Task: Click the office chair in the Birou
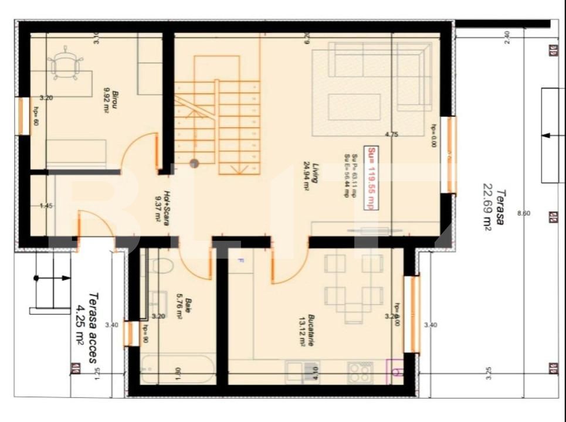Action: point(65,64)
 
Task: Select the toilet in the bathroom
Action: point(161,266)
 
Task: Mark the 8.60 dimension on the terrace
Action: point(523,213)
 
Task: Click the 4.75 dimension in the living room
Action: point(391,134)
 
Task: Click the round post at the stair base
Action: point(194,163)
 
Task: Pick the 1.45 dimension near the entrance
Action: point(46,206)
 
